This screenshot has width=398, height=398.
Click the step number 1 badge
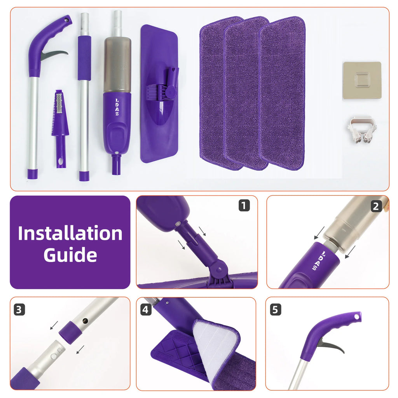pos(244,205)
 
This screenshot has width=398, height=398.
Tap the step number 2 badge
pos(376,206)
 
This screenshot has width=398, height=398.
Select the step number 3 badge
pos(19,310)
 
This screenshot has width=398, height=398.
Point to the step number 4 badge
pos(145,310)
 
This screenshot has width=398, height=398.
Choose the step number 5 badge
pos(276,310)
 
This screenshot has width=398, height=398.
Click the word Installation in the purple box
pos(70,233)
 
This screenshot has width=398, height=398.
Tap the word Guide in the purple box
pos(70,255)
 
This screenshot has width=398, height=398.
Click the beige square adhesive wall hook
pos(362,80)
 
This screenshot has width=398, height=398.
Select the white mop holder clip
pos(362,129)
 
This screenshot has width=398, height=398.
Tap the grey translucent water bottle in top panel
pos(117,65)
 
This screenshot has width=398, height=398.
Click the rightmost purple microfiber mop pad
pos(282,93)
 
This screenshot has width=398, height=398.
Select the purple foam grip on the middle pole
pos(84,58)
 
